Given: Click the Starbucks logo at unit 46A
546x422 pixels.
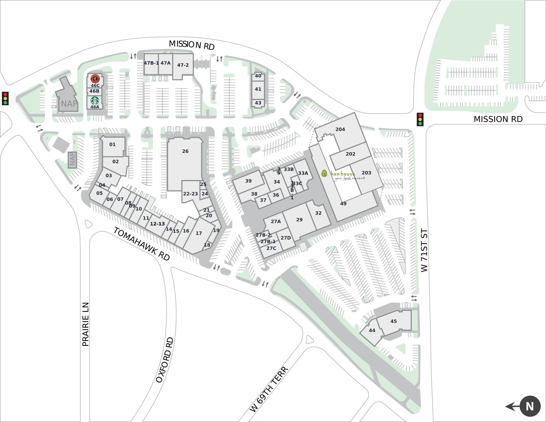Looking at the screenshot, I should coord(95,101).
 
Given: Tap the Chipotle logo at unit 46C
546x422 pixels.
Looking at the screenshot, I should coord(95,78).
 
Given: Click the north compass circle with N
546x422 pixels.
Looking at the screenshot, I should coord(530,406).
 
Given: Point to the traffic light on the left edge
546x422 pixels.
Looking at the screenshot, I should coord(5,98).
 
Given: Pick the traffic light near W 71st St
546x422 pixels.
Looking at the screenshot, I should coord(420,119).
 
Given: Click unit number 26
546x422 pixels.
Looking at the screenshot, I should coord(185,151).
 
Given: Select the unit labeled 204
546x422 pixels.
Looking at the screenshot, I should coord(340,129).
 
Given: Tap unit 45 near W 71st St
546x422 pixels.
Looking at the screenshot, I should coord(394,321).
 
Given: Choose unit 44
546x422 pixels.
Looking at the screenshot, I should coord(372,330).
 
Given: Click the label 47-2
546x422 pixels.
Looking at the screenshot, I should coord(183,65).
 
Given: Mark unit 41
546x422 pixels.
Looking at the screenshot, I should coord(258,89).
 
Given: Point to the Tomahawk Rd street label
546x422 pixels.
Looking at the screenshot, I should coord(142,244).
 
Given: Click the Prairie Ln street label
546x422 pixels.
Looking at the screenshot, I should coord(86,324).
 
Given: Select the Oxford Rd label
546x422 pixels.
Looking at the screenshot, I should coord(165,360).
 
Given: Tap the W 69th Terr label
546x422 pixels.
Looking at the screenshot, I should coord(269,389).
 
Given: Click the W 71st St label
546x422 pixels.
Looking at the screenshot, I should coord(424,250).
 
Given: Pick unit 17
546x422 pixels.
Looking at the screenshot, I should coord(199,233).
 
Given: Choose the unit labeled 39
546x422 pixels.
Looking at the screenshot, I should coord(248,181).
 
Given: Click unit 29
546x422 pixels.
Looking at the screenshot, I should coord(299,220).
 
